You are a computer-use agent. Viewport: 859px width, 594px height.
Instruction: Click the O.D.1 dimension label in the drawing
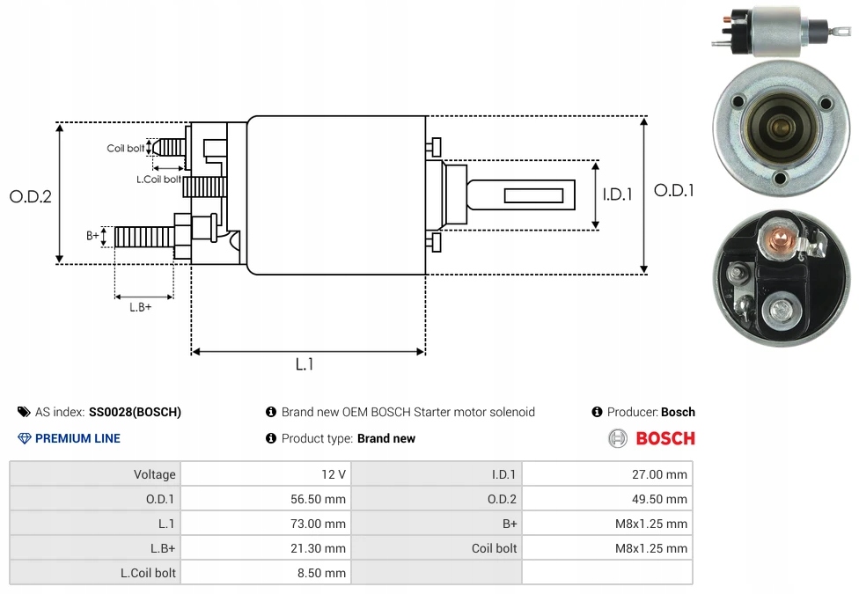pyautogui.click(x=674, y=190)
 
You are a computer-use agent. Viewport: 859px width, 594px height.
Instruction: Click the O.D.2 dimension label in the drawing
pyautogui.click(x=31, y=197)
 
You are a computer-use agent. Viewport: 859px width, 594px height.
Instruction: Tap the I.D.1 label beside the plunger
pyautogui.click(x=617, y=194)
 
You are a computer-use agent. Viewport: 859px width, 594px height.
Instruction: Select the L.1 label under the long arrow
pyautogui.click(x=304, y=364)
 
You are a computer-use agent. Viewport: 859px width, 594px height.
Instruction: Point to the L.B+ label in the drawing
pyautogui.click(x=141, y=307)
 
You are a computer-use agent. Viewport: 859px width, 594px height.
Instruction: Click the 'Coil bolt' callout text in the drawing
pyautogui.click(x=125, y=149)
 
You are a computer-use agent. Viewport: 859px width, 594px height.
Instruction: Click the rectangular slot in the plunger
pyautogui.click(x=533, y=193)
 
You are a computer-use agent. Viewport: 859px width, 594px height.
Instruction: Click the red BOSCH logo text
pyautogui.click(x=664, y=438)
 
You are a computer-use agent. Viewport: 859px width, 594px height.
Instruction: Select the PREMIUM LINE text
pyautogui.click(x=77, y=438)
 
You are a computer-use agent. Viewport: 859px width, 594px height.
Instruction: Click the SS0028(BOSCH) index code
pyautogui.click(x=135, y=412)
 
